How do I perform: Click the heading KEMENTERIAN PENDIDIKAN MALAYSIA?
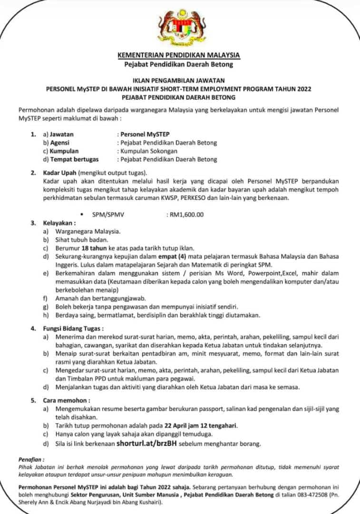(x=179, y=55)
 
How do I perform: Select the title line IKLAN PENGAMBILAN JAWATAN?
(x=179, y=80)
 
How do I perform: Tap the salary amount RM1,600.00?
(x=185, y=214)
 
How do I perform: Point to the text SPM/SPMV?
(x=108, y=214)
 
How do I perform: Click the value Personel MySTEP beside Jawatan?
(x=145, y=134)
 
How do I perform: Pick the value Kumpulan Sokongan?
(x=149, y=151)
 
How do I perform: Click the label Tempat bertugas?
(x=74, y=159)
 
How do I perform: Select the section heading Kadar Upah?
(x=60, y=172)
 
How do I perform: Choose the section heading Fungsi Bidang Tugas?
(x=74, y=328)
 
